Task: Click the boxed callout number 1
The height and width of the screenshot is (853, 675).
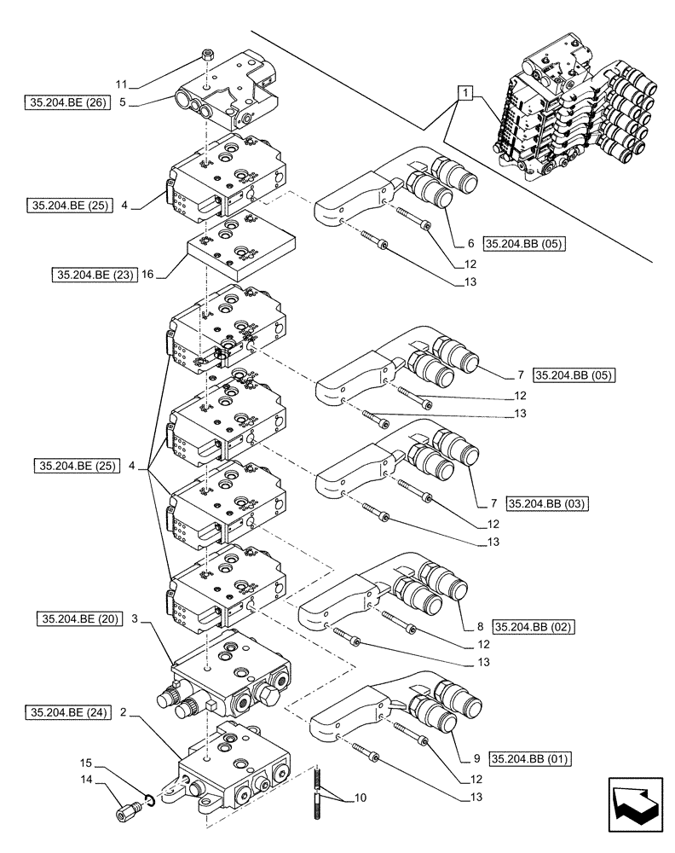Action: pos(463,91)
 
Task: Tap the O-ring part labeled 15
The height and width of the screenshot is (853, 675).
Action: pos(149,799)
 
